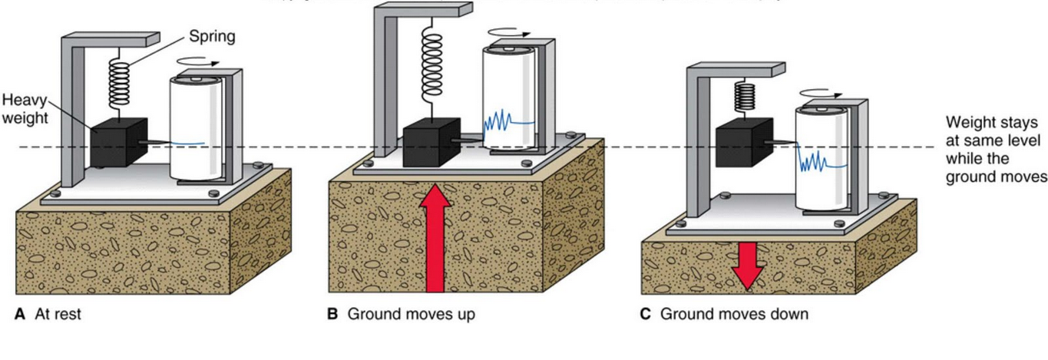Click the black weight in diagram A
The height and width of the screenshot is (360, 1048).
118,143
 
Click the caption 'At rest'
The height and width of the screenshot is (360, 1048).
58,315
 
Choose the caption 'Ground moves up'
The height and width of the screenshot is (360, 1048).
411,315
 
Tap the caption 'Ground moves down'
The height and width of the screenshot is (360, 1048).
733,315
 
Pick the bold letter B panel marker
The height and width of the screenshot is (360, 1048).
332,315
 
